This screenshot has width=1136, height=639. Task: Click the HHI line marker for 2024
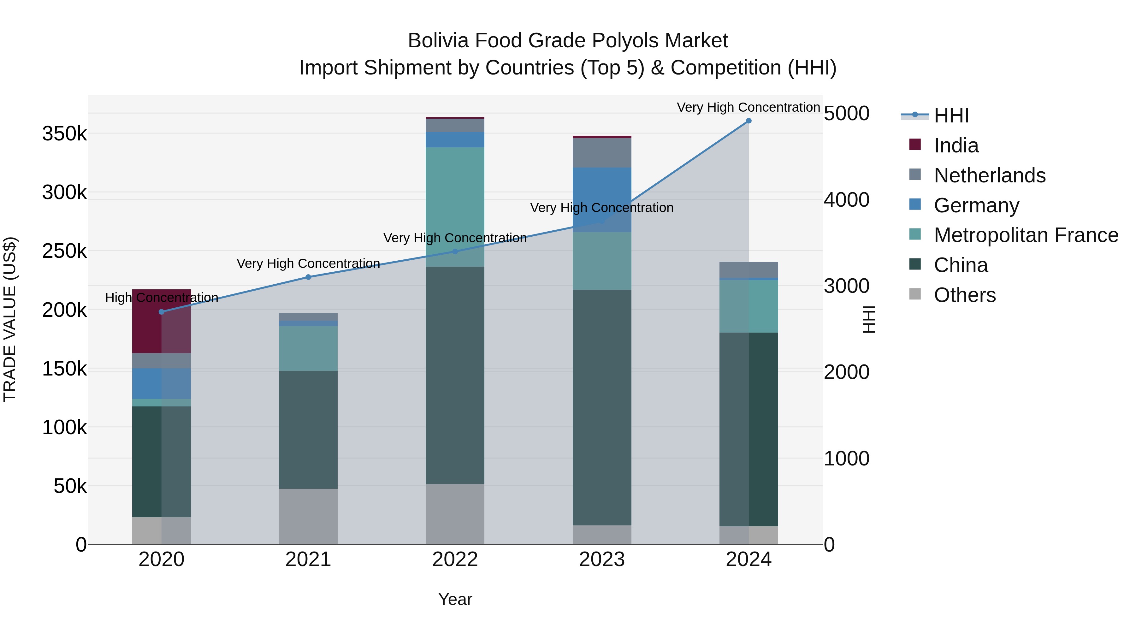[748, 121]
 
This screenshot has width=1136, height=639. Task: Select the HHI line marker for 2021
[308, 277]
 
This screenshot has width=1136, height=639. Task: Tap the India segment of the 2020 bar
[161, 321]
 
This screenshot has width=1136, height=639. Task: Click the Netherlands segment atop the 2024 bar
[748, 269]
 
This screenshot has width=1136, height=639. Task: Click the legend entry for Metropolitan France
[1026, 235]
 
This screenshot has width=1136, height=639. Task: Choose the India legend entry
[956, 145]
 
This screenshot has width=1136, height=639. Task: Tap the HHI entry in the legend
[951, 115]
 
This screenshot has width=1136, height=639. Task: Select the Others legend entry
[964, 295]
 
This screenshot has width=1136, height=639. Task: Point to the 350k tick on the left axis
[64, 133]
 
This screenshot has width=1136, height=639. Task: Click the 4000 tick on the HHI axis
[846, 200]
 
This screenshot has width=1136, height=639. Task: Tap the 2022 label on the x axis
[455, 559]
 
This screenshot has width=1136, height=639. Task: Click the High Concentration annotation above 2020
[161, 298]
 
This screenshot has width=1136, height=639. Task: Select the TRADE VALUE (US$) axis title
[10, 319]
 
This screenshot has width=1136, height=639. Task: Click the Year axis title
[455, 599]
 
